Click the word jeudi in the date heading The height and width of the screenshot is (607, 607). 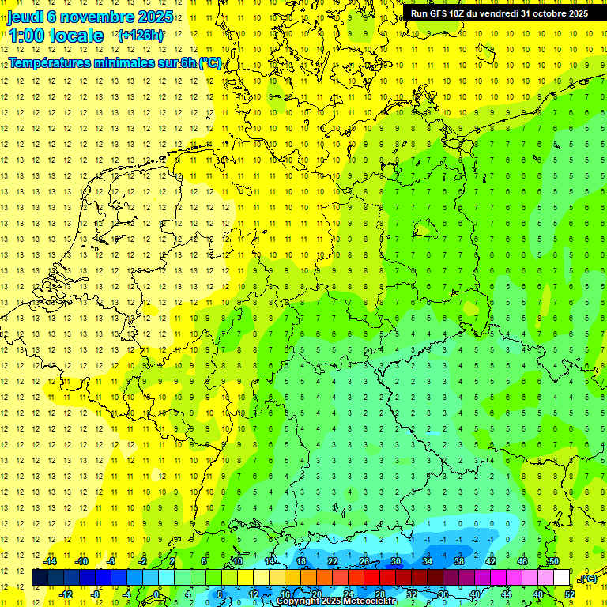point(25,16)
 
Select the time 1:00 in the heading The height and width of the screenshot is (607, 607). point(25,35)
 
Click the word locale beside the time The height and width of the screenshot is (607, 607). point(77,35)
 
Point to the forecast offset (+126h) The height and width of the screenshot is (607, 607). point(141,35)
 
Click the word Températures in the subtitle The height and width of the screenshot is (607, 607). point(51,62)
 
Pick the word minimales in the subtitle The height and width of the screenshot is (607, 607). point(127,62)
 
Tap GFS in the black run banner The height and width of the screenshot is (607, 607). point(441,13)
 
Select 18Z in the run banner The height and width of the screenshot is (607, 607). point(462,13)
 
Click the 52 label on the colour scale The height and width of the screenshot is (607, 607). point(569,594)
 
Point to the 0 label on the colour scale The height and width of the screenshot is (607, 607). point(156,594)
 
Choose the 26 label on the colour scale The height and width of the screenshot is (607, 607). point(364,561)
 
